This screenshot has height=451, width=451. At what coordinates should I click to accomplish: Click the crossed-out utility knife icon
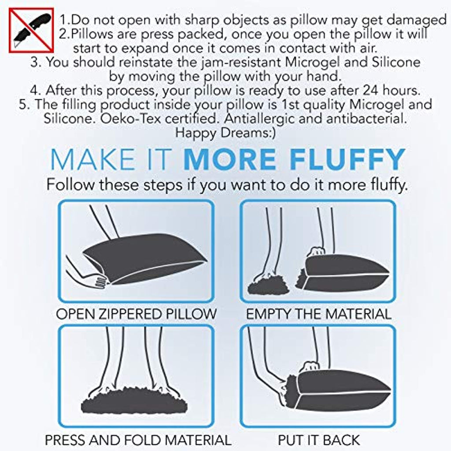31,30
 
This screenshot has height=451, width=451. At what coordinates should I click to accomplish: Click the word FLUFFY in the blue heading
347,159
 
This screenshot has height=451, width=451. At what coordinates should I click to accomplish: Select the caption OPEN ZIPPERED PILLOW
136,314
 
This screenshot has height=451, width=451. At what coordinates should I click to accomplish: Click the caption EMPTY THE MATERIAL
318,314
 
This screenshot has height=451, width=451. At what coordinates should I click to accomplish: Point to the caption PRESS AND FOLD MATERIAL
138,440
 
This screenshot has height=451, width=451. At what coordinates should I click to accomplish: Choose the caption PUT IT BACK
318,440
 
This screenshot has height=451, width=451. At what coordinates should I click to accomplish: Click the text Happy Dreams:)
225,133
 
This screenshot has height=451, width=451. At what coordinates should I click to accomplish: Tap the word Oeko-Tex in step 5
131,118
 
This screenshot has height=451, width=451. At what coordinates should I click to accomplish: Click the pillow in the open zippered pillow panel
145,258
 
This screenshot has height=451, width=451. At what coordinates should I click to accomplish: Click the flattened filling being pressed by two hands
134,401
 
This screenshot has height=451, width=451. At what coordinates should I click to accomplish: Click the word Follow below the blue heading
70,184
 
